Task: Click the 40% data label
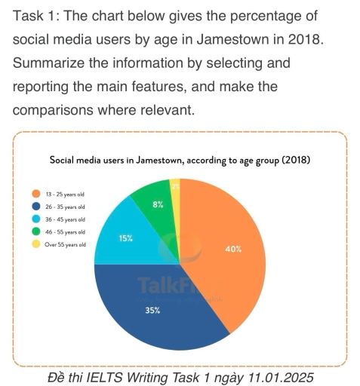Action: (x=233, y=249)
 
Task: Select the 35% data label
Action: (x=152, y=310)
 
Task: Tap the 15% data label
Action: (x=126, y=238)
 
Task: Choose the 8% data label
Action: (x=157, y=204)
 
